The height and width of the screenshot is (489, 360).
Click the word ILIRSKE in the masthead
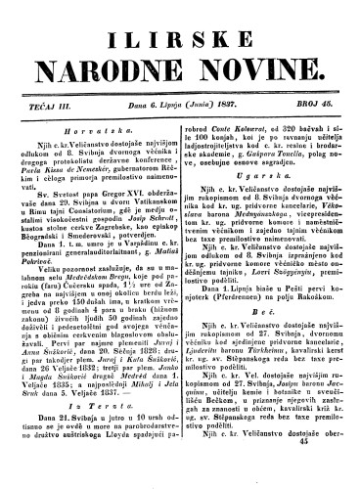tap(180, 27)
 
